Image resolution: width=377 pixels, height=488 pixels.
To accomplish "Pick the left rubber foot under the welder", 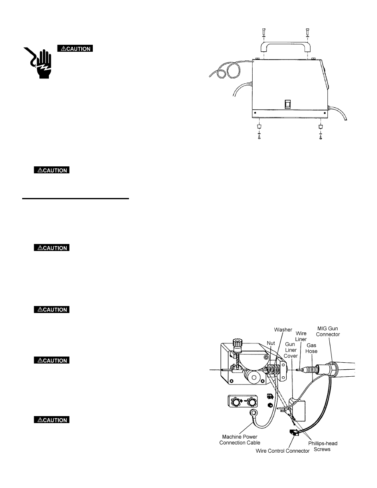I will [259, 127].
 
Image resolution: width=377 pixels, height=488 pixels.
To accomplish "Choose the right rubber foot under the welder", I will [320, 127].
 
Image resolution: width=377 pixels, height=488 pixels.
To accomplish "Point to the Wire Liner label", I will [301, 336].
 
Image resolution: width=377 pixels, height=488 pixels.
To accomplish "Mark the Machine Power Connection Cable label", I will [238, 439].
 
